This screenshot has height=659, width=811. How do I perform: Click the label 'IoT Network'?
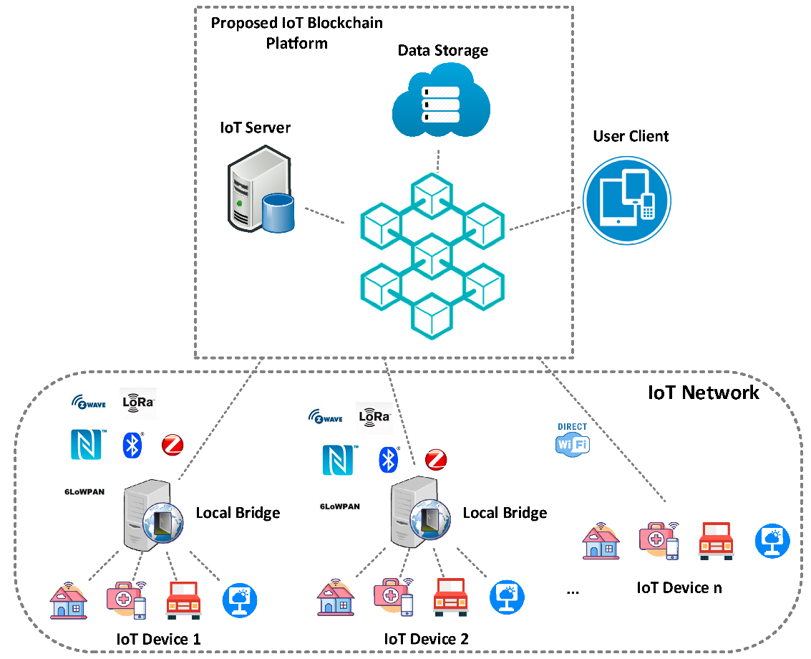pyautogui.click(x=703, y=392)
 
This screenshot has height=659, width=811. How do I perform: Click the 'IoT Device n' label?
pyautogui.click(x=679, y=587)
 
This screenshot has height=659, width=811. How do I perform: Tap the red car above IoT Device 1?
pyautogui.click(x=183, y=600)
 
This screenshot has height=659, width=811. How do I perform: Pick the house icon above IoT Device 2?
pyautogui.click(x=336, y=598)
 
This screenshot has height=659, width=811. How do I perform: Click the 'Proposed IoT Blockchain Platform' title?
pyautogui.click(x=296, y=33)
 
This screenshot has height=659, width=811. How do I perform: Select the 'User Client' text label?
pyautogui.click(x=631, y=136)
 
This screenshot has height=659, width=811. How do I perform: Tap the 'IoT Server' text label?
pyautogui.click(x=255, y=128)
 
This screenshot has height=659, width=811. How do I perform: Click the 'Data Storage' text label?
pyautogui.click(x=443, y=50)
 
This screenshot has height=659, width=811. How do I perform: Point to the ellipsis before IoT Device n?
pyautogui.click(x=572, y=592)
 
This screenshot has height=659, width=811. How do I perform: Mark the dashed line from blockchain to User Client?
pyautogui.click(x=544, y=220)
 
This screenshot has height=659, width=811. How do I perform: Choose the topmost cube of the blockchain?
pyautogui.click(x=432, y=194)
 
